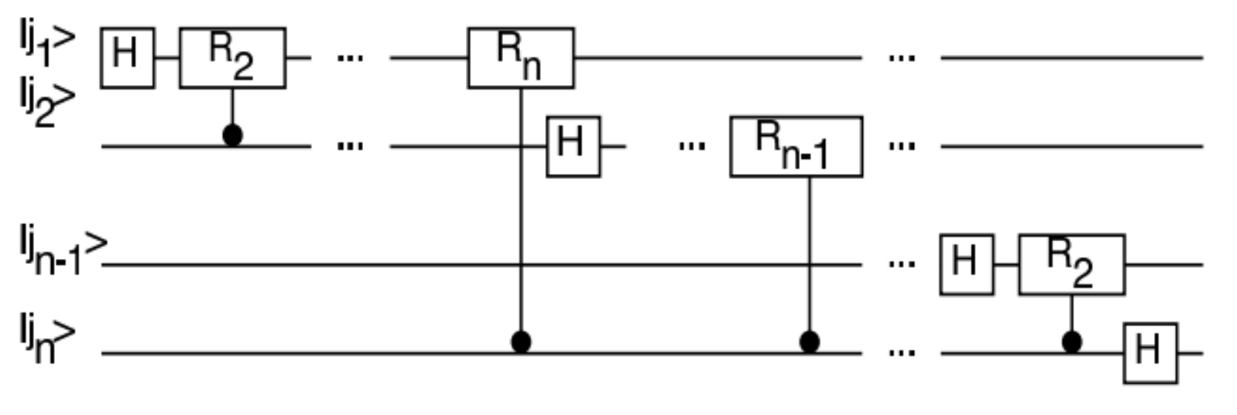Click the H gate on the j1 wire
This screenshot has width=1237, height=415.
pos(127,58)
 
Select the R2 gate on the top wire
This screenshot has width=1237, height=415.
pos(233,58)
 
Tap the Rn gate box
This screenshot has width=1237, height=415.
pos(521,58)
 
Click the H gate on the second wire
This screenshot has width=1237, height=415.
pos(573,146)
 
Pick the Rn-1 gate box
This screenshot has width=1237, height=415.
pos(796,146)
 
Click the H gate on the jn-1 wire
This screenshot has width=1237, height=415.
pos(966,264)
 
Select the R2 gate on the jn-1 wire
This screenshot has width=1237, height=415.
pos(1071,264)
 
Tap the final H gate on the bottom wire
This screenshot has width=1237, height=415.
pos(1150,353)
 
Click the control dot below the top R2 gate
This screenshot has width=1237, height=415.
pos(233,136)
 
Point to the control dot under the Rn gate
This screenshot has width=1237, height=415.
pos(521,342)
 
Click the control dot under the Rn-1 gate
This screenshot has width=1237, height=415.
pos(810,342)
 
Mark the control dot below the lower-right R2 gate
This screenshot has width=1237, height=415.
pos(1071,342)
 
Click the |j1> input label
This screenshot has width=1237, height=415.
pos(46,43)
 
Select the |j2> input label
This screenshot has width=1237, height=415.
pos(46,104)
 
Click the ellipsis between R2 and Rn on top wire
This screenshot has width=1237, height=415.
pos(350,57)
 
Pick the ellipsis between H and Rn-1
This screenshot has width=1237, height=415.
pos(691,146)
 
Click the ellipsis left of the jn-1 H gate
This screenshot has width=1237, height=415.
pos(901,264)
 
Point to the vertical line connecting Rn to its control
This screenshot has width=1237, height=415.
pos(521,222)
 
